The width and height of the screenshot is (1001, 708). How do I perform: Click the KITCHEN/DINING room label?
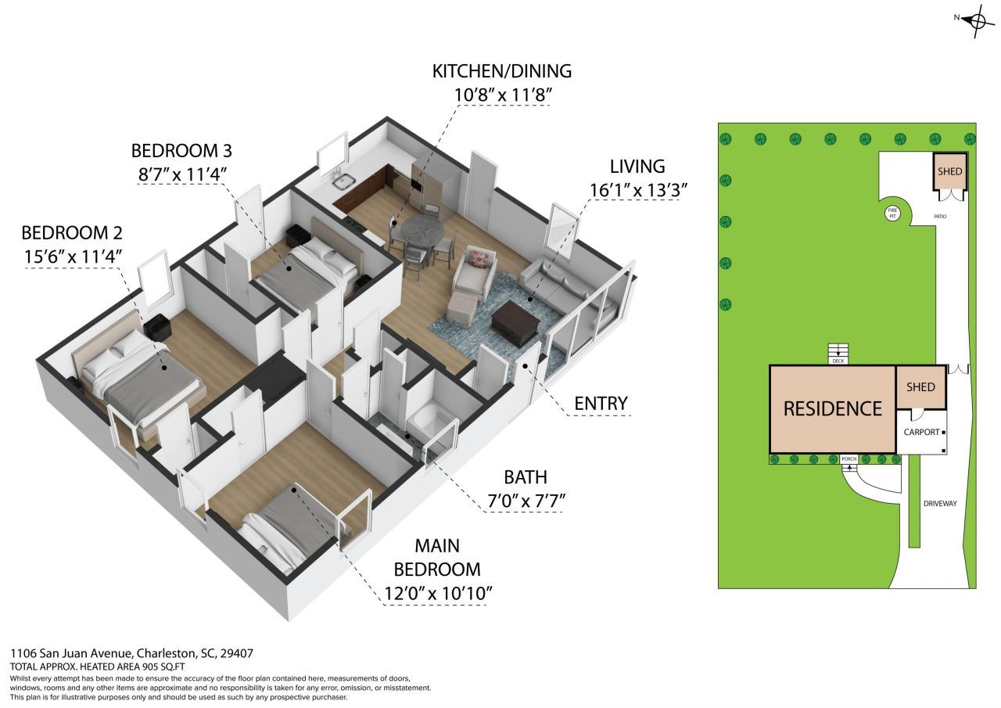click(x=502, y=71)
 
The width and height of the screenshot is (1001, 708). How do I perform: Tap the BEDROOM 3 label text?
click(x=181, y=150)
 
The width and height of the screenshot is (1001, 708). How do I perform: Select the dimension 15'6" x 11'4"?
click(x=72, y=255)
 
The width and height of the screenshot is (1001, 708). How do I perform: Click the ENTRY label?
click(x=601, y=403)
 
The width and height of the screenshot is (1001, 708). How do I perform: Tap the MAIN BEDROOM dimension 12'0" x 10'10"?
click(x=437, y=593)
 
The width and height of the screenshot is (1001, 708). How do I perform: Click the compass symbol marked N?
click(x=977, y=20)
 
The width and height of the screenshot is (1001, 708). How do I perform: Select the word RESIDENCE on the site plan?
click(x=833, y=408)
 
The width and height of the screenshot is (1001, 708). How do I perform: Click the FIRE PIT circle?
click(x=892, y=212)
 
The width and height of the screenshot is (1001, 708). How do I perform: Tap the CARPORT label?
click(x=921, y=432)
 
